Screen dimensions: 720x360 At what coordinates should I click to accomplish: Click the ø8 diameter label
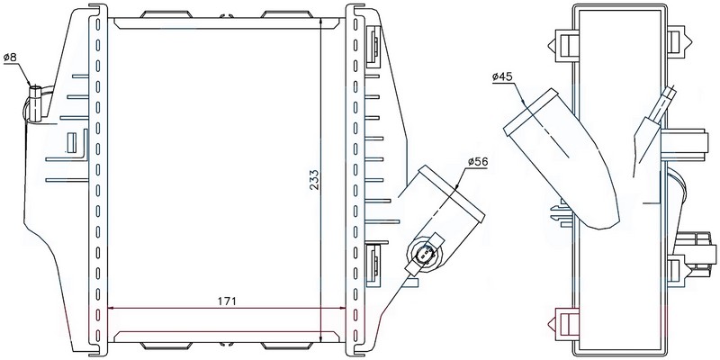[x=10, y=58]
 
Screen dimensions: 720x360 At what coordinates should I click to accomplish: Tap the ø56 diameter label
[x=478, y=162]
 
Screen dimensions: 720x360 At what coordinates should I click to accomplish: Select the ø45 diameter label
[x=502, y=77]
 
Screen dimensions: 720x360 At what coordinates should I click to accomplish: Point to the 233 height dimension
[x=313, y=180]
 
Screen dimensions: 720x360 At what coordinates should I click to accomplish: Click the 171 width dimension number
[x=227, y=301]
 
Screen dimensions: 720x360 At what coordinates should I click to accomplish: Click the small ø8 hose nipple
[x=35, y=103]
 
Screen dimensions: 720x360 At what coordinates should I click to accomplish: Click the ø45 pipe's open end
[x=532, y=112]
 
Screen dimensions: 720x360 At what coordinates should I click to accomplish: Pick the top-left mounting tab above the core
[x=166, y=14]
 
